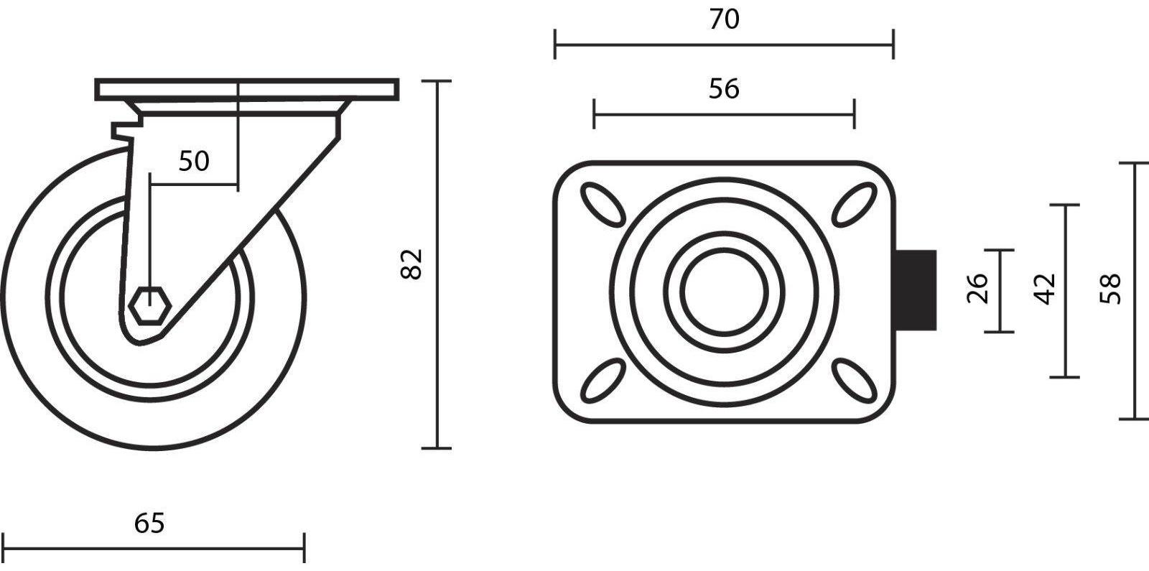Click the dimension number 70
tap(725, 19)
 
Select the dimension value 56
tap(724, 89)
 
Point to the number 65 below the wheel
tap(149, 524)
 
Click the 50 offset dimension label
tap(194, 161)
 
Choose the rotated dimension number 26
tap(977, 289)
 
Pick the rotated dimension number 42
tap(1045, 289)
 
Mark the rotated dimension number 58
tap(1111, 289)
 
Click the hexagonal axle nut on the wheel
tap(149, 307)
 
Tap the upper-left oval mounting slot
tap(603, 205)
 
